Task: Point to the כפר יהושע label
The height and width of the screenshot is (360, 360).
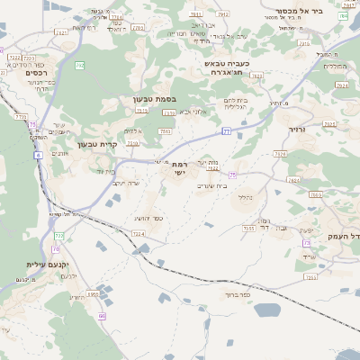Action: point(145,219)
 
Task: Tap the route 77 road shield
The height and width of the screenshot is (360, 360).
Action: point(227,131)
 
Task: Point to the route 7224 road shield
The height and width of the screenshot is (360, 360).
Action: point(138,234)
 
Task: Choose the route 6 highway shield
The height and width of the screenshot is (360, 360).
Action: point(39,155)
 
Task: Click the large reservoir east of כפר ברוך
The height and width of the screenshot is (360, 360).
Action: point(267,310)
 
